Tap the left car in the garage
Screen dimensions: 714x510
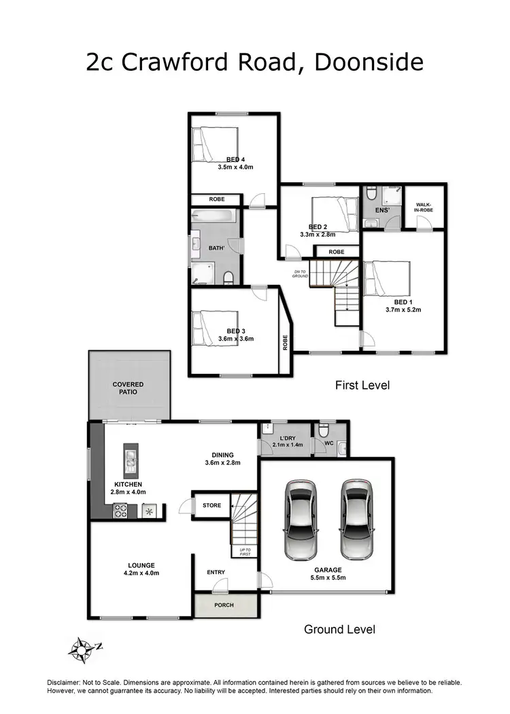pos(301,518)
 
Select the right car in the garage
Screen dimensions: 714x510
pos(358,518)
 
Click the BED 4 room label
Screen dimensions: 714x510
pos(236,160)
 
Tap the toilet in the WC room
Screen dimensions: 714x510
pos(324,430)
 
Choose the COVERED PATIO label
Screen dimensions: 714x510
pos(129,389)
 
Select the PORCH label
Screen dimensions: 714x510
pos(224,605)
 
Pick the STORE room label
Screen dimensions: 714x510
pos(212,505)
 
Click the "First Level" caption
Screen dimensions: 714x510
pos(362,386)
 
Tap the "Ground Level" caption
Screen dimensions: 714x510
pos(339,630)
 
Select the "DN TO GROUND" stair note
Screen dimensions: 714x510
pos(301,273)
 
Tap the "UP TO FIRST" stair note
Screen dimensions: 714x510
pos(245,551)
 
